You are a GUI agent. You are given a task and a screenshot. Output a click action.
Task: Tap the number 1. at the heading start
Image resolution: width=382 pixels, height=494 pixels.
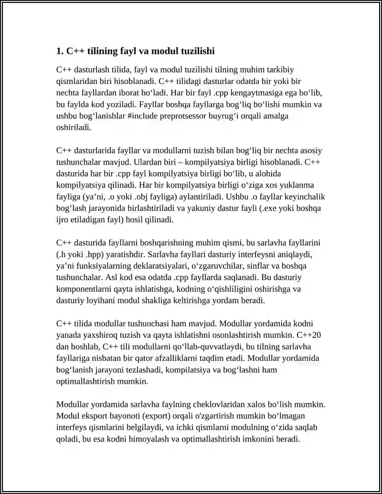[x=60, y=51]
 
